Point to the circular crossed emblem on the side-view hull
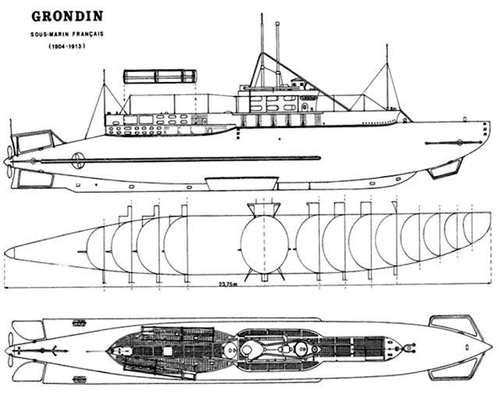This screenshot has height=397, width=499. coord(78,161)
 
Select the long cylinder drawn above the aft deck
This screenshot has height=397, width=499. coord(159,76)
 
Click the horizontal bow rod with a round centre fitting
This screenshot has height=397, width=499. coord(458,142)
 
